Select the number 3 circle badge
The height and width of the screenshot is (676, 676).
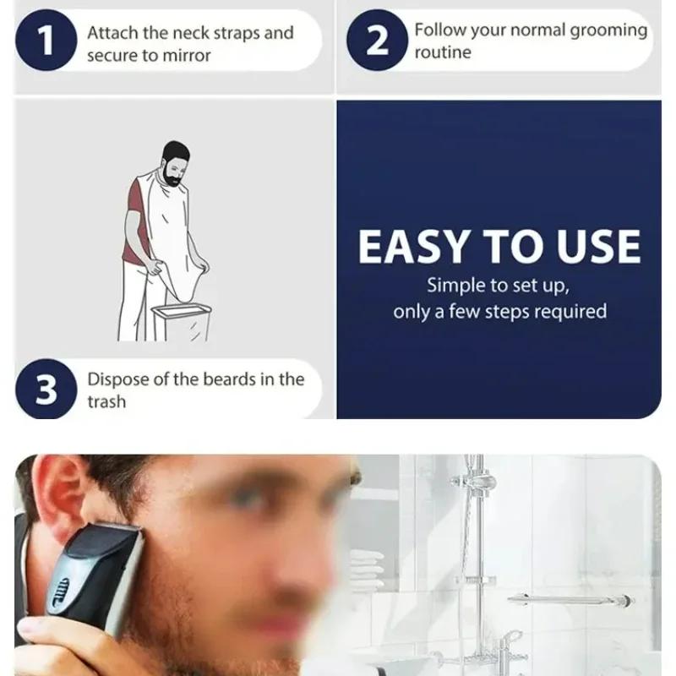[x=46, y=391]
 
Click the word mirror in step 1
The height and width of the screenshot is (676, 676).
[x=186, y=56]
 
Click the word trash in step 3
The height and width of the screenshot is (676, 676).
[x=106, y=402]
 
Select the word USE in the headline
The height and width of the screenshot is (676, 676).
[x=595, y=248]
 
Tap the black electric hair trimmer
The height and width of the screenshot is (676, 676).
[x=93, y=575]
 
